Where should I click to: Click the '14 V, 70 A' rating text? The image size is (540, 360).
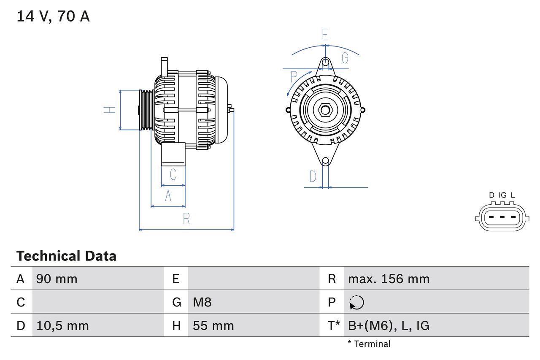[x=53, y=16]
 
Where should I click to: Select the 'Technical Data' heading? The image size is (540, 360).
[x=66, y=256]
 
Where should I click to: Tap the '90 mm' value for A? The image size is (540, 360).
[x=57, y=279]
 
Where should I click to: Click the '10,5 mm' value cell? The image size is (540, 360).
[x=62, y=325]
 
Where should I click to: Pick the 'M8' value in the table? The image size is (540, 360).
[x=202, y=302]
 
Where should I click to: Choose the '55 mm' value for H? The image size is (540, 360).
[x=213, y=325]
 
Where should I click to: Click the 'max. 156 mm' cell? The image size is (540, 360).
[x=389, y=279]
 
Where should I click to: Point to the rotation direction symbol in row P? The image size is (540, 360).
[x=356, y=302]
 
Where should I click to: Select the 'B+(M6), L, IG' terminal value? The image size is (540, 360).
[x=389, y=325]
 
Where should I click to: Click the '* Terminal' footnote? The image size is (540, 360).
[x=369, y=344]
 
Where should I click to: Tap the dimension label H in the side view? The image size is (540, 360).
[x=110, y=110]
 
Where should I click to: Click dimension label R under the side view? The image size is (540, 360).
[x=186, y=219]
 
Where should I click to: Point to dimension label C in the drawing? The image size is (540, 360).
[x=173, y=174]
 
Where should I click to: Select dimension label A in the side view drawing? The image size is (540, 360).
[x=168, y=195]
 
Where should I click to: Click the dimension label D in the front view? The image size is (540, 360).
[x=313, y=176]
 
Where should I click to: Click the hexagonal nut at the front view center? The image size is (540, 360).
[x=325, y=110]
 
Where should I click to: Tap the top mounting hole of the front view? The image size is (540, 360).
[x=325, y=62]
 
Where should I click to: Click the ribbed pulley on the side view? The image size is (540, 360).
[x=146, y=110]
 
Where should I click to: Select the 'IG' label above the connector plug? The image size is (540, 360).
[x=502, y=195]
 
